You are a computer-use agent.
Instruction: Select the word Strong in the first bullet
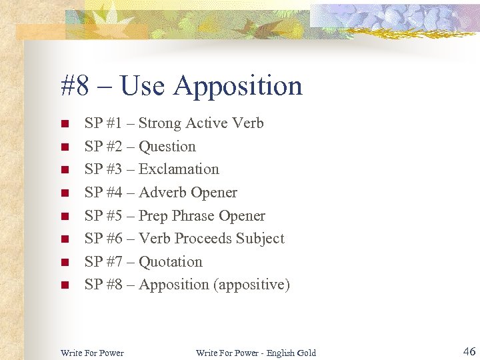(x=159, y=123)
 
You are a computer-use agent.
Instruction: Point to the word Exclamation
(x=179, y=169)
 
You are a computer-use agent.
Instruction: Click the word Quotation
(x=170, y=262)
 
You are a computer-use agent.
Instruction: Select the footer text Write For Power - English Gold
(x=255, y=353)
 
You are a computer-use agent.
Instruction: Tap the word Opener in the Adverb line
(x=213, y=193)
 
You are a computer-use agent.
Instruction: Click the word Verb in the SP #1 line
(x=248, y=123)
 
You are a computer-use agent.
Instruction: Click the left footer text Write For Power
(x=92, y=353)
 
